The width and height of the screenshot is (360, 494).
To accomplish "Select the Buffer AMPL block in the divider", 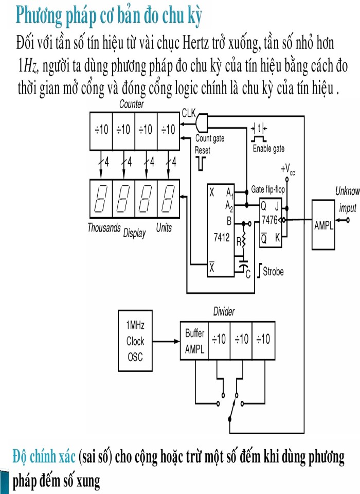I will (x=195, y=341).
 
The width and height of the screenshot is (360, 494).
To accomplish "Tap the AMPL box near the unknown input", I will (x=323, y=225).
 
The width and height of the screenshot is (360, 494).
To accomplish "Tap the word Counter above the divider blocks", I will (x=132, y=104).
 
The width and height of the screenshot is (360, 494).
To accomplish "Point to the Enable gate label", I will (x=268, y=149).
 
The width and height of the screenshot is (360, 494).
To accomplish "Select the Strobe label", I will (x=273, y=271).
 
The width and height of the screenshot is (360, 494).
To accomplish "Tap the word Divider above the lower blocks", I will (x=224, y=312).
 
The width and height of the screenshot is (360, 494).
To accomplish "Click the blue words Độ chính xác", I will (x=44, y=456).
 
